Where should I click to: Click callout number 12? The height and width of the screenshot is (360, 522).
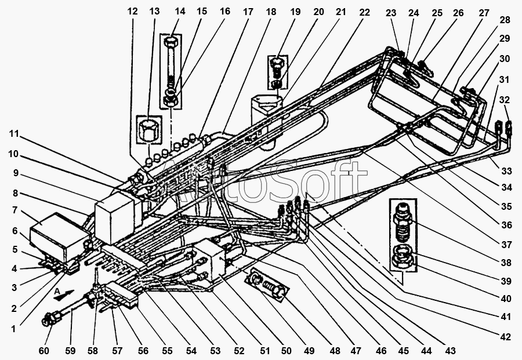pos(133,11)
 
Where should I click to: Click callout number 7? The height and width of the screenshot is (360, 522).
pos(15,210)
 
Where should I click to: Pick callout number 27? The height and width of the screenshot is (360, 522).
pos(484,13)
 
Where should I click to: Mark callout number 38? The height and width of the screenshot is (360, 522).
pos(506,262)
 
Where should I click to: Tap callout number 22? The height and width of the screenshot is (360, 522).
pos(364,11)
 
